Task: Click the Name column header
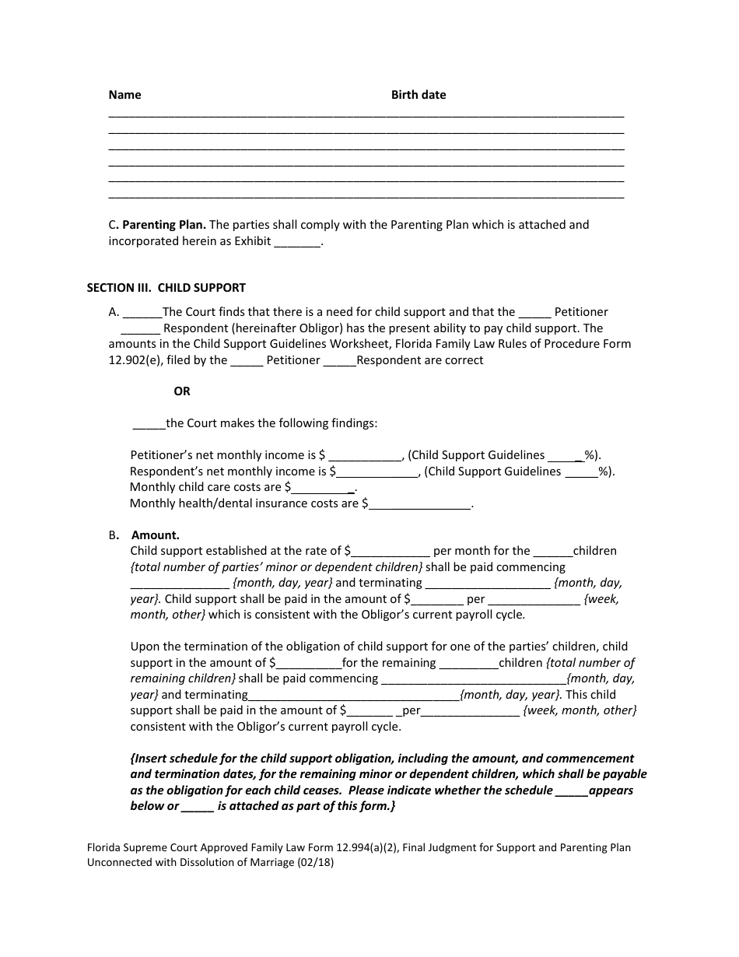(x=124, y=95)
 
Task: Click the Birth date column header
(x=419, y=95)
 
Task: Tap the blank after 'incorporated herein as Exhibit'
(x=298, y=242)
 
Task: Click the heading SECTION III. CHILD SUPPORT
(x=166, y=288)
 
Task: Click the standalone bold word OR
(x=182, y=391)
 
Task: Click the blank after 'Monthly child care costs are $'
(x=323, y=488)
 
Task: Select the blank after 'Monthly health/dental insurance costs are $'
(x=420, y=504)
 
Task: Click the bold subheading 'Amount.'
(x=156, y=535)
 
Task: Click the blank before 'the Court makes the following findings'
(x=149, y=424)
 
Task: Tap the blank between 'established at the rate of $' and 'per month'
(x=391, y=552)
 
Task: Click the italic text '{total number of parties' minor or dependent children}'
(x=277, y=567)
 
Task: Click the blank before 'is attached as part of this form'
(x=198, y=807)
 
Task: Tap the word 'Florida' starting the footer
(x=104, y=847)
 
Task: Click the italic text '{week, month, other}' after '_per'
(x=580, y=710)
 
